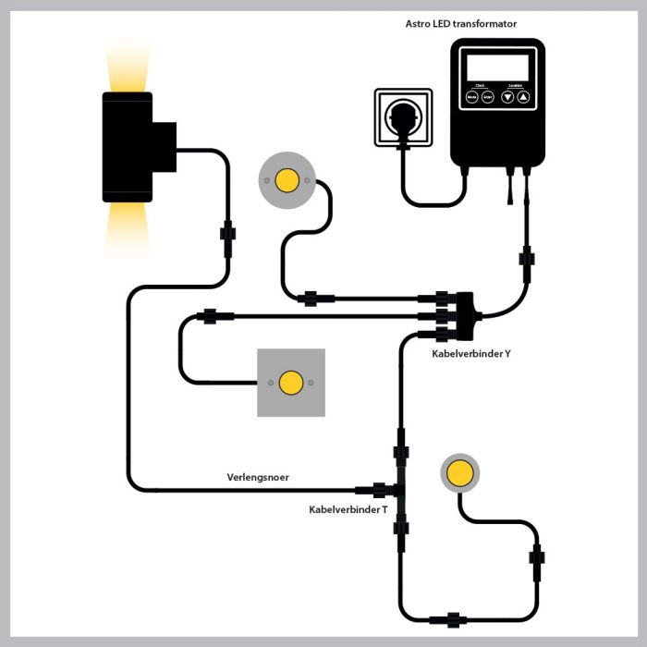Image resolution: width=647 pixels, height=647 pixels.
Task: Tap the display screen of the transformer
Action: click(x=498, y=66)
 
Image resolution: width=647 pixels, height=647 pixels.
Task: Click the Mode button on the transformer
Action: click(x=472, y=96)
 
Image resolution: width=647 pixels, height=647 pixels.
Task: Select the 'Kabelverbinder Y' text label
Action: click(x=470, y=353)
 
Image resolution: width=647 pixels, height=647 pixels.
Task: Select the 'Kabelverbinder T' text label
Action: click(x=348, y=509)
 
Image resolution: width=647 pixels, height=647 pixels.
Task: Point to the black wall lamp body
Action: click(x=129, y=146)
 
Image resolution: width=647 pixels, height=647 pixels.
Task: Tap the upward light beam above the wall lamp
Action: click(x=127, y=65)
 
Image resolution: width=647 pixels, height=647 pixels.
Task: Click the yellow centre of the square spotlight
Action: click(x=291, y=382)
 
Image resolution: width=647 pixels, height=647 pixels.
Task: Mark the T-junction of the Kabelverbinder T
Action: click(x=399, y=489)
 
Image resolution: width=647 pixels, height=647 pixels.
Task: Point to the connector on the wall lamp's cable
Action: click(x=227, y=231)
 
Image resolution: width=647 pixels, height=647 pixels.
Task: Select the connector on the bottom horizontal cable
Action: click(x=452, y=620)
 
